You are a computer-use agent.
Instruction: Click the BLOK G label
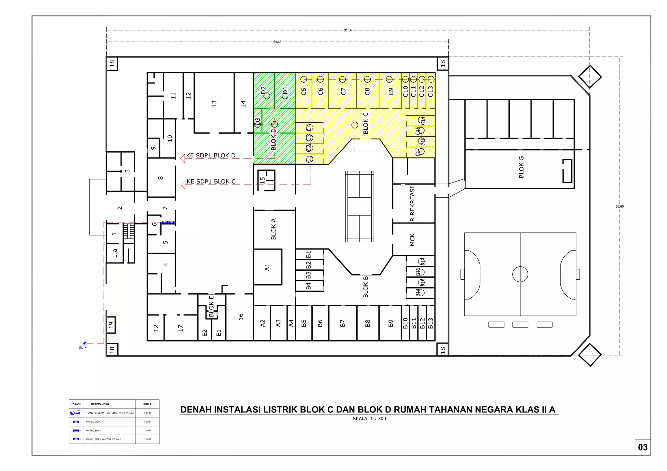click(521, 167)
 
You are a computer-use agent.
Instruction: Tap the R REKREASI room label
click(412, 204)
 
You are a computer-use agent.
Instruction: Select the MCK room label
click(412, 240)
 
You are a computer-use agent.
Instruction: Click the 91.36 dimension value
click(348, 30)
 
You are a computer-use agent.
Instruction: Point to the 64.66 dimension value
click(277, 42)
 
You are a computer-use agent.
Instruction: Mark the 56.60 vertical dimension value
click(619, 207)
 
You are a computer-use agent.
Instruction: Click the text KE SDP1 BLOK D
click(210, 155)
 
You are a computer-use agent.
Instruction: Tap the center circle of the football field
click(520, 274)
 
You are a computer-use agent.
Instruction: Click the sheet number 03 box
click(643, 447)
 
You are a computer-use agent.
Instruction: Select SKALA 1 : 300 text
click(369, 419)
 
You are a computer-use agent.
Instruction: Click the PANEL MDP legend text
click(93, 422)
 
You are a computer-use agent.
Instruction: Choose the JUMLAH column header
click(148, 404)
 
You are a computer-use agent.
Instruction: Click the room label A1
click(267, 267)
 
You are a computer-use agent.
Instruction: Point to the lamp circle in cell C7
click(342, 79)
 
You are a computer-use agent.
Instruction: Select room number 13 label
click(214, 104)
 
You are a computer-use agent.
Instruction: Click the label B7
click(342, 323)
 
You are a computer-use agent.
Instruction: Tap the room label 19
click(111, 325)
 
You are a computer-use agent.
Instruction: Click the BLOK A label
click(274, 229)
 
